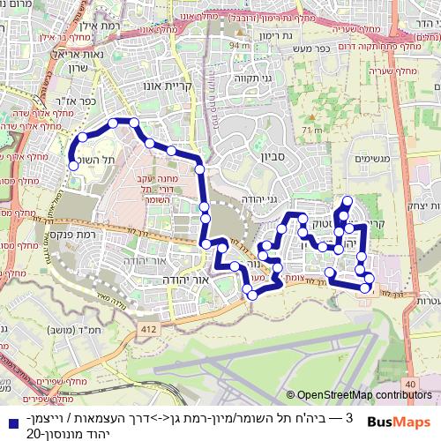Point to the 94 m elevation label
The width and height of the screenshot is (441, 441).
point(238,44)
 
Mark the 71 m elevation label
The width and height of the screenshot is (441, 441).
point(310,131)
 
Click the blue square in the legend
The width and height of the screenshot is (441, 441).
point(9,416)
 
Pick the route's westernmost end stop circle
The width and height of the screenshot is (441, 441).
point(72,164)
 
